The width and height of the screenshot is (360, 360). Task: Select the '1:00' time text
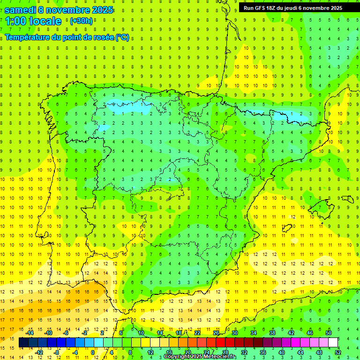click(16, 22)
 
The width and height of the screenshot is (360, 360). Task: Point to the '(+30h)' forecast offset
click(81, 21)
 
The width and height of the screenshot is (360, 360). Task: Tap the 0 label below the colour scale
click(93, 352)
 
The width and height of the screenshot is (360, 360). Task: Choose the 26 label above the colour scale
click(216, 333)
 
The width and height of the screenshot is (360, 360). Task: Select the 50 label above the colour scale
click(329, 333)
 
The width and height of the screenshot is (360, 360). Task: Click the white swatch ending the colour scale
click(333, 343)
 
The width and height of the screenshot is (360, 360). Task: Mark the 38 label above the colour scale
click(272, 333)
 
